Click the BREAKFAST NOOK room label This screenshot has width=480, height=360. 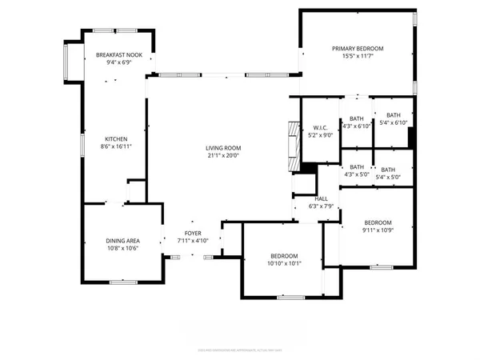pos(118,54)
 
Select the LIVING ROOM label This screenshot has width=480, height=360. pos(223,148)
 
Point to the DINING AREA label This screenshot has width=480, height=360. pos(123,241)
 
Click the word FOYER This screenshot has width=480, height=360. pos(193,233)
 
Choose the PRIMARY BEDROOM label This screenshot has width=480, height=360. pos(358,49)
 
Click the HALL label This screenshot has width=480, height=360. pos(321,198)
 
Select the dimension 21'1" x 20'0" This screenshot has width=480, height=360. pos(223,156)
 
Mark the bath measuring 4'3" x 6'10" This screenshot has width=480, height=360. pos(356,122)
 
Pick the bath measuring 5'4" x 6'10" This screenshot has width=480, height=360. pos(392,118)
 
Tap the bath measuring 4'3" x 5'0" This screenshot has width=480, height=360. pos(356,170)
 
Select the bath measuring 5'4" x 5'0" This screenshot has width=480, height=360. pos(388,173)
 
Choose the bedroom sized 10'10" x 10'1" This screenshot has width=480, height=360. pos(283,259)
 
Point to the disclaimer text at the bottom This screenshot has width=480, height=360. pos(239,350)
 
